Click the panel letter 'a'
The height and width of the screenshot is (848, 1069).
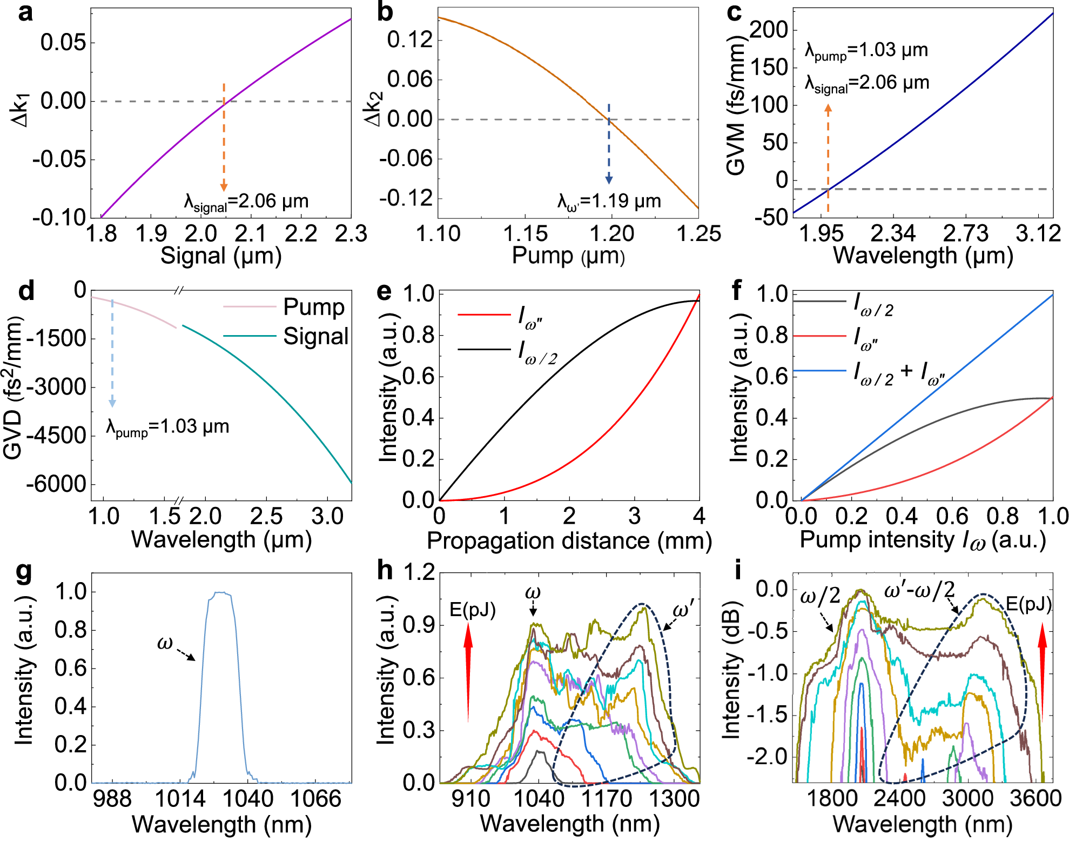click(x=25, y=12)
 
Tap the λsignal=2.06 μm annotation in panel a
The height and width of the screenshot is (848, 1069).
click(x=246, y=202)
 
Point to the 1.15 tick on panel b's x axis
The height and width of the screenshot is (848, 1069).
click(x=525, y=233)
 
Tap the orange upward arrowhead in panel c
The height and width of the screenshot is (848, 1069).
click(x=828, y=108)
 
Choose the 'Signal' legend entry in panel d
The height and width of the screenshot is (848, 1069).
click(x=315, y=336)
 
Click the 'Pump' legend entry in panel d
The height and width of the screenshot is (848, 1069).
click(x=313, y=307)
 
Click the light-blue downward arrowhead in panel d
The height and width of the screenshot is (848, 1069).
click(x=112, y=403)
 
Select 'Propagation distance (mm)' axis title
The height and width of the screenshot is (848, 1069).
click(x=569, y=540)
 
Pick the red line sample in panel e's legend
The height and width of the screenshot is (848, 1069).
click(x=484, y=315)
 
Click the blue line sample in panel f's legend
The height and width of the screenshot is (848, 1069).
click(x=819, y=371)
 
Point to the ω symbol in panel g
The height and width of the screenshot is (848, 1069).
click(x=164, y=643)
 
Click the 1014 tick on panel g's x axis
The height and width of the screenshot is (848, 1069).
click(x=180, y=798)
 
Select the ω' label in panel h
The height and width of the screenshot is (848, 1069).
click(x=684, y=611)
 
